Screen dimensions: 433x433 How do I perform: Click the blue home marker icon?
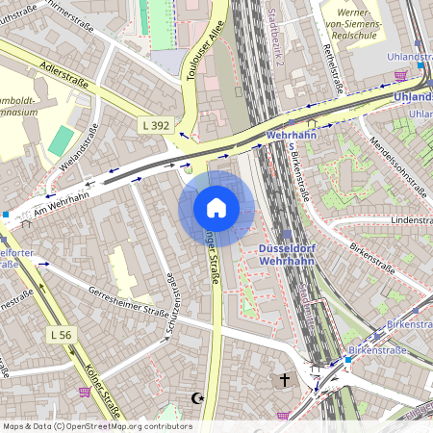coord(216,207)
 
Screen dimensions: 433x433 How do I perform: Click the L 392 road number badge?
coord(155,125)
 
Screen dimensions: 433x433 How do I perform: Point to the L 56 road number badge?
coord(60,334)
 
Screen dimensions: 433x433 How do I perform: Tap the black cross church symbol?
coord(285,380)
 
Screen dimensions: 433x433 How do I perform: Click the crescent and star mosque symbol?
coord(200,397)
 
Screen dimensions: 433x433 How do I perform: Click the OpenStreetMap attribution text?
coord(96,425)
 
